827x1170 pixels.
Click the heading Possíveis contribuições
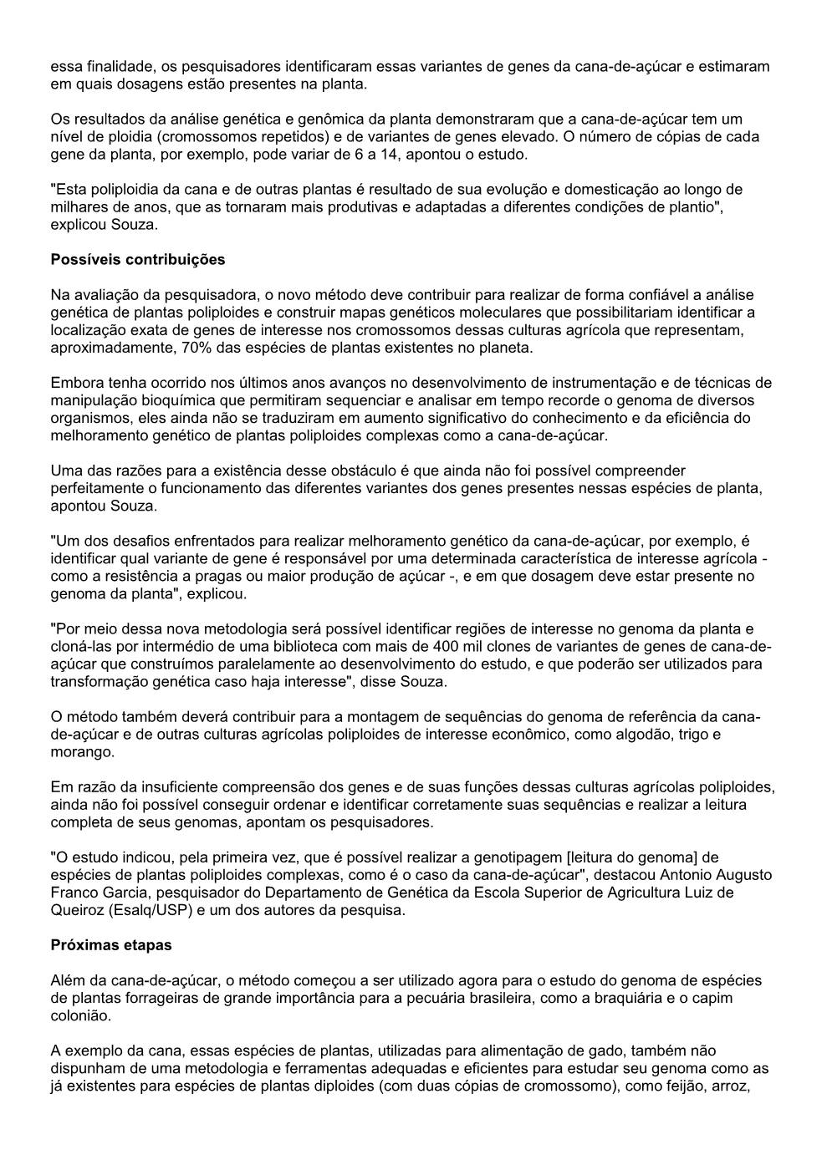138,260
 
